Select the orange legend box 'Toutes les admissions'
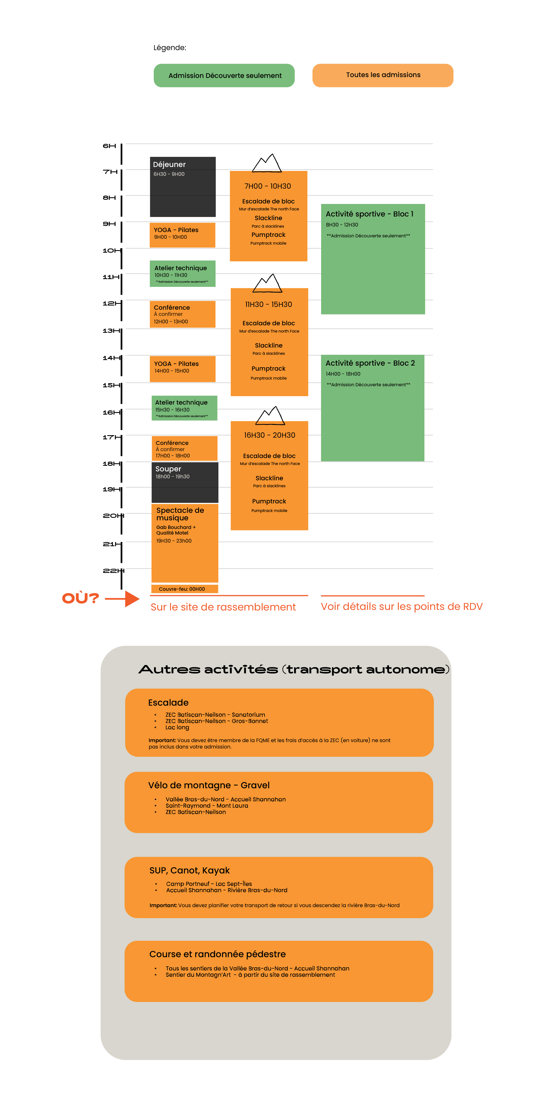(x=383, y=75)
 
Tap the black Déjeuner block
(x=182, y=187)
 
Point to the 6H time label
(x=109, y=146)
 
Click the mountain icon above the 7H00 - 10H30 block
(x=267, y=163)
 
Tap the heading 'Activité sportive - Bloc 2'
(x=370, y=363)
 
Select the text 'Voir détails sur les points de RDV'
(x=401, y=607)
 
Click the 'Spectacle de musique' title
(x=180, y=514)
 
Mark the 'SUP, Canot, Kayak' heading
(x=189, y=870)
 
